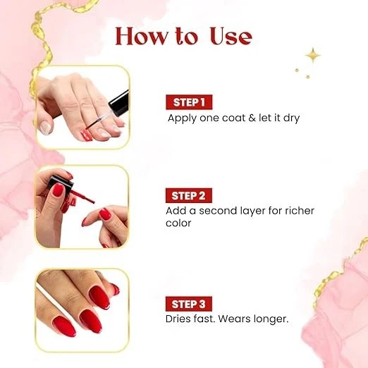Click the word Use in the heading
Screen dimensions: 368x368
(x=225, y=37)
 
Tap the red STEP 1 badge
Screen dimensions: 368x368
(x=189, y=102)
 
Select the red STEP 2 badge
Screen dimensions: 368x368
(x=190, y=195)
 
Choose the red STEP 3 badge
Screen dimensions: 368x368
(x=190, y=304)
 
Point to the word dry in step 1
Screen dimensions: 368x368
(x=290, y=118)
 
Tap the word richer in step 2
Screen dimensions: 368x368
(x=297, y=211)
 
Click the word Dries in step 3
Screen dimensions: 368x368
(x=180, y=319)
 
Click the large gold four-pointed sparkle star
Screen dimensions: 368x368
(x=312, y=56)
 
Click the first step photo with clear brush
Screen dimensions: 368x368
(x=82, y=107)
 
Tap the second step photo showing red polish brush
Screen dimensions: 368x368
(x=82, y=207)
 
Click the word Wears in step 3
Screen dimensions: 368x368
(x=228, y=319)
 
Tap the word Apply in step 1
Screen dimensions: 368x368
(x=182, y=118)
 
